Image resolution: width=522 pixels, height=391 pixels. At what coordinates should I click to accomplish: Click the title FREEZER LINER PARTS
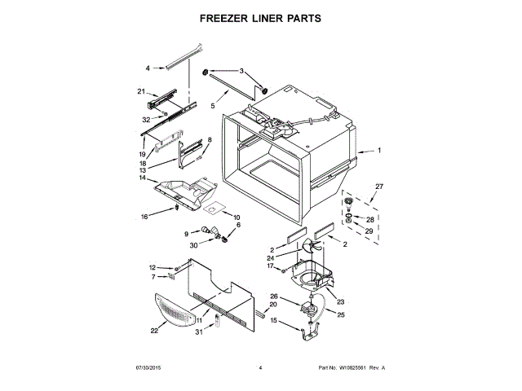261,17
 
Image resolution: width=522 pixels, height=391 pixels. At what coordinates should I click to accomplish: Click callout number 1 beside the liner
378,151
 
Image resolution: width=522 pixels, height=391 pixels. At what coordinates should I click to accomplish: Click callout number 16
144,217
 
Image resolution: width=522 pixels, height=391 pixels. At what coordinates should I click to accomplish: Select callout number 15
273,321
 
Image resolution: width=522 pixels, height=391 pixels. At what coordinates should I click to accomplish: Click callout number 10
237,217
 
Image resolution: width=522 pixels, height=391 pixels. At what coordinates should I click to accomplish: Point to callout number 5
211,106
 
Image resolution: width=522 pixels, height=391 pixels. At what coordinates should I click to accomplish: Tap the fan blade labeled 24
312,246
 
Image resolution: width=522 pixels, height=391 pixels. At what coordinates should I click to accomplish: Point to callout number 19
142,153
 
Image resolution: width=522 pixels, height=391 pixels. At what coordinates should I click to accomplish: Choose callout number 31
199,331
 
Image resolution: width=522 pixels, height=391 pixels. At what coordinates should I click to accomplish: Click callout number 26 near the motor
274,297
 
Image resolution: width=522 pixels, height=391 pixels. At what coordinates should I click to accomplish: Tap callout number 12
152,267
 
